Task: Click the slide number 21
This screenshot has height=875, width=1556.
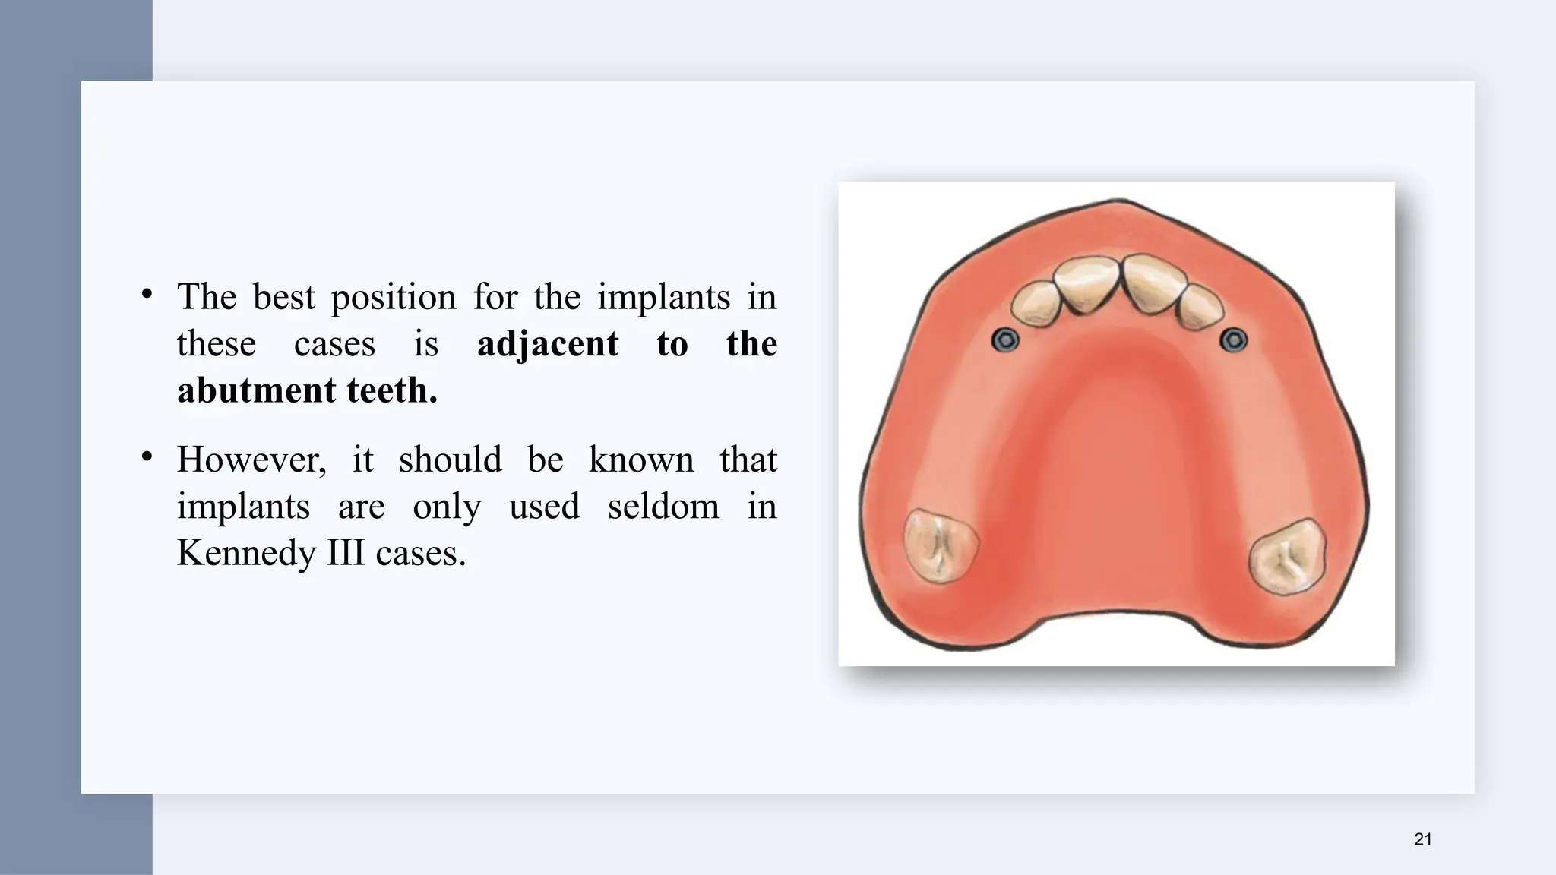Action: coord(1423,839)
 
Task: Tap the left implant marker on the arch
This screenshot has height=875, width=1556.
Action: coord(1005,340)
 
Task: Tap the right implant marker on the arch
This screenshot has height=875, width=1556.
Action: coord(1234,340)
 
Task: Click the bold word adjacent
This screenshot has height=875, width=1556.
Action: coord(547,344)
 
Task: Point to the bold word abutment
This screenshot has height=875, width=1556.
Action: coord(256,390)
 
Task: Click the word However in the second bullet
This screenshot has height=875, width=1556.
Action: coord(251,460)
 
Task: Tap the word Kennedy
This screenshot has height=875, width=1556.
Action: coord(245,553)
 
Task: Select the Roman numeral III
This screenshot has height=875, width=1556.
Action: coord(346,553)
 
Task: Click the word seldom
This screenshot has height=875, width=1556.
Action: coord(663,507)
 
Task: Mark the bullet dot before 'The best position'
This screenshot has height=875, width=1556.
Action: coord(147,294)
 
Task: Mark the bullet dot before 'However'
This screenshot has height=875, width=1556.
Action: coord(147,456)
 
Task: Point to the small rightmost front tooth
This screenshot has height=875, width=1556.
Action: coord(1200,308)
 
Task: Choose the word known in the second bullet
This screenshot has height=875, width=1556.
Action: coord(641,460)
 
